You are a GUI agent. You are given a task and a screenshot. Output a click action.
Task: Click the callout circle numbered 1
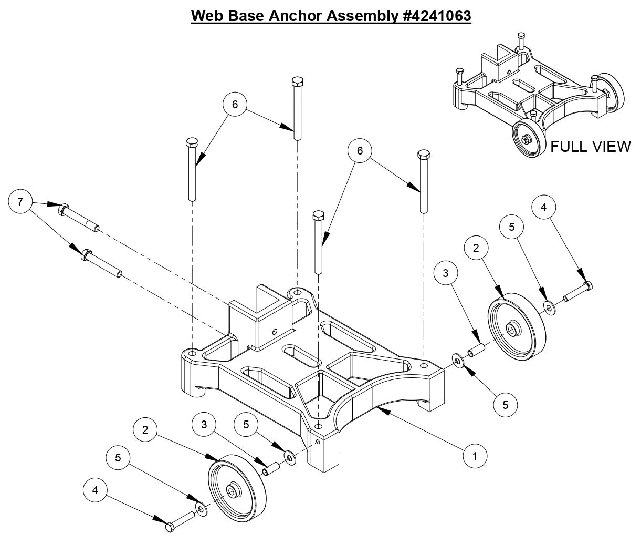(x=475, y=456)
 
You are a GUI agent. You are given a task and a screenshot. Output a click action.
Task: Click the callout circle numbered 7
(x=20, y=202)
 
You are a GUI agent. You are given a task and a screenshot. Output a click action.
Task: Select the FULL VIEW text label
(x=590, y=146)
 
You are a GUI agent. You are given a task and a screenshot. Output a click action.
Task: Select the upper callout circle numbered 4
(x=543, y=208)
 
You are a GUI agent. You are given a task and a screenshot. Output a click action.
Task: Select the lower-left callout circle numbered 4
(x=95, y=491)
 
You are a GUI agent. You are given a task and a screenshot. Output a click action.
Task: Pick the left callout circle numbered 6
(x=235, y=105)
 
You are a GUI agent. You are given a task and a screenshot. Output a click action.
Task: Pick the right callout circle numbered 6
(x=360, y=151)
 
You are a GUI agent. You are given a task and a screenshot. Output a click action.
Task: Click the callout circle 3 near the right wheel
(x=446, y=273)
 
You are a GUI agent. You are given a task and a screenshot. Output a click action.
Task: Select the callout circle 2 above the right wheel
(x=476, y=248)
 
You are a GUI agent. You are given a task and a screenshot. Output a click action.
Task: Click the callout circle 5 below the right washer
(x=506, y=405)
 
